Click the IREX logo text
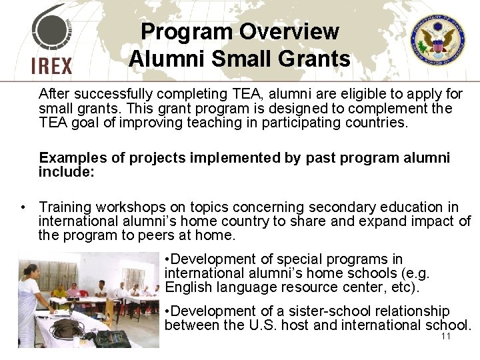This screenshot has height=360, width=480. [x=51, y=65]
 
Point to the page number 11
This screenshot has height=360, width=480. [x=446, y=337]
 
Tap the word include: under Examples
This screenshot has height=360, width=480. [x=67, y=171]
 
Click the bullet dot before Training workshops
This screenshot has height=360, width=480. [x=23, y=208]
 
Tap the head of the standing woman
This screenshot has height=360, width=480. [x=30, y=270]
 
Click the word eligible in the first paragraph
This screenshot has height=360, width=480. [x=311, y=93]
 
